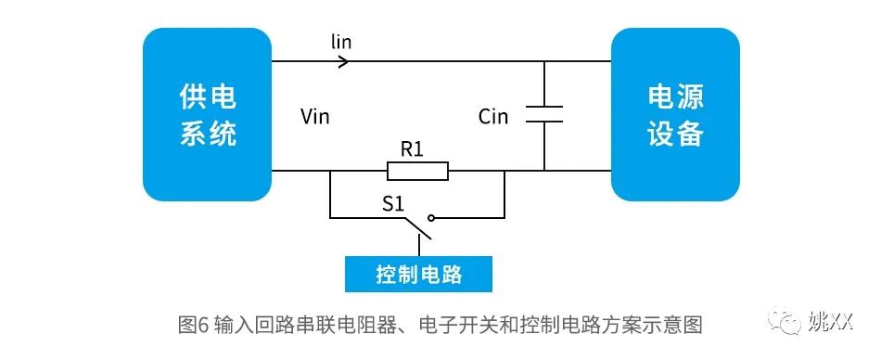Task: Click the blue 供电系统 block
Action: [x=206, y=115]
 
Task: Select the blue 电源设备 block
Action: [x=675, y=115]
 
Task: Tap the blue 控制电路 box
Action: [x=418, y=275]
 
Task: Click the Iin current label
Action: [x=341, y=42]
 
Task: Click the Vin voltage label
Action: [x=315, y=117]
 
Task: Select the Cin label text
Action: [x=494, y=117]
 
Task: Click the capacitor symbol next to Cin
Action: [x=544, y=114]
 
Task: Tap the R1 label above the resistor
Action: [x=413, y=148]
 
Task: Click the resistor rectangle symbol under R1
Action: [x=417, y=171]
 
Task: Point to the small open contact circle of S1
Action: [x=431, y=218]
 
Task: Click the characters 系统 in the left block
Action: [x=207, y=133]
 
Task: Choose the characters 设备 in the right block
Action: [x=675, y=133]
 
